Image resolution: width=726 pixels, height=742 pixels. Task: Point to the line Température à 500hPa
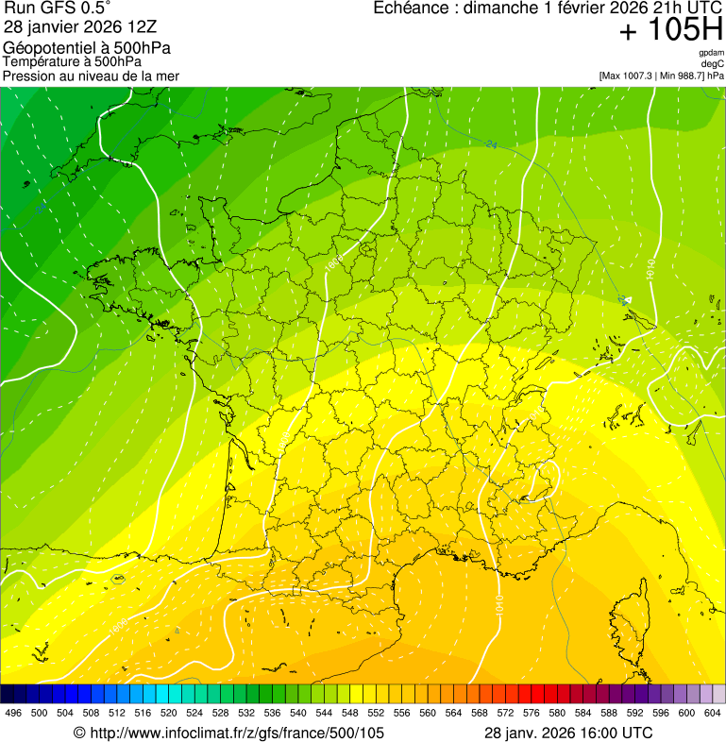[72, 61]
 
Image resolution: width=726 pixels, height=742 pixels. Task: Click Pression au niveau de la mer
[91, 76]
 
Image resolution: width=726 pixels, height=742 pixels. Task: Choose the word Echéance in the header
[414, 8]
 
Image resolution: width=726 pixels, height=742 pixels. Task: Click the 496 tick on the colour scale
[13, 713]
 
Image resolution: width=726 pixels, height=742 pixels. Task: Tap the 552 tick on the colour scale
[376, 713]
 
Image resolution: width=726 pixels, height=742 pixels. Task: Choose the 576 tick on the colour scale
[532, 713]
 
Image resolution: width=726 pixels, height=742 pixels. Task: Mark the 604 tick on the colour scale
[713, 713]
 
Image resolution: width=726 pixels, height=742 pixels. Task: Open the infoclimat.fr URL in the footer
[236, 733]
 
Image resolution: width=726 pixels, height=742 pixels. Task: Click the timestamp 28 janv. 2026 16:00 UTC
[567, 733]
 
